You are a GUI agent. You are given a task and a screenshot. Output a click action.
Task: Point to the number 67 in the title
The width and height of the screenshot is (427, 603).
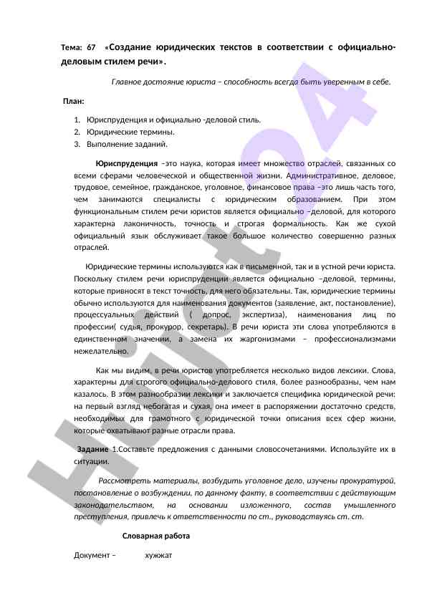(91, 48)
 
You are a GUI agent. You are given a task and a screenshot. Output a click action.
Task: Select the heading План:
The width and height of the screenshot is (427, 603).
(74, 101)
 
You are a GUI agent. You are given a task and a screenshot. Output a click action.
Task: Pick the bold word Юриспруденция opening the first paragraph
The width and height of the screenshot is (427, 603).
(127, 163)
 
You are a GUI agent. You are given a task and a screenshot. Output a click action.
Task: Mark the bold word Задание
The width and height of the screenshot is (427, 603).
(92, 449)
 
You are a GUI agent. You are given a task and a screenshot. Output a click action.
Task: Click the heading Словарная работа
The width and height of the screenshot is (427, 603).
(156, 536)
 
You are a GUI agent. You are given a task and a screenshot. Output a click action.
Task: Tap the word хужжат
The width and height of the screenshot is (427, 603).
(158, 556)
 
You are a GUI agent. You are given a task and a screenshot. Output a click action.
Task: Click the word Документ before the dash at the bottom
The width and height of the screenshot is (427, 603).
(91, 556)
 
